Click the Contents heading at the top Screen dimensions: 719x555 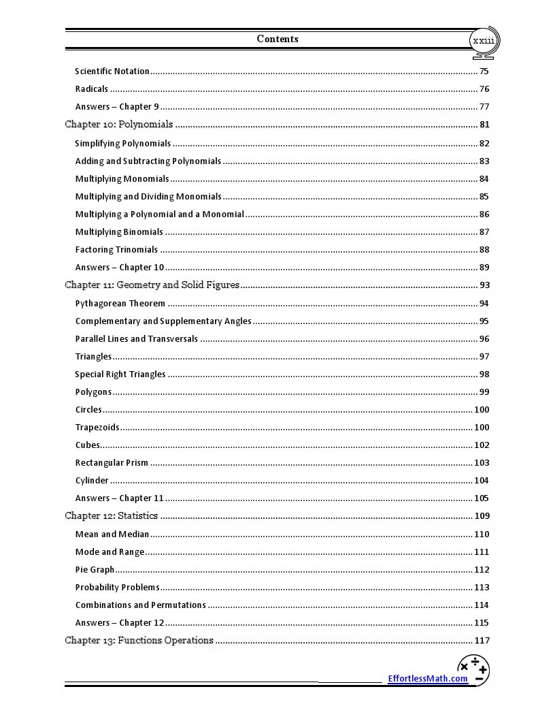click(x=277, y=39)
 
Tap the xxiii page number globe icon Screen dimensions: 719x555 click(x=484, y=41)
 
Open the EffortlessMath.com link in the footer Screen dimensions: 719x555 click(x=428, y=678)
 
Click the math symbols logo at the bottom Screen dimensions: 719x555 click(x=474, y=670)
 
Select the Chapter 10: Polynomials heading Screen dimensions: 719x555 click(x=119, y=125)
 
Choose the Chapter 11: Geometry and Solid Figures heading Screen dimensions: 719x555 click(x=152, y=285)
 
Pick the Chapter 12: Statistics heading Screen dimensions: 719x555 click(x=112, y=516)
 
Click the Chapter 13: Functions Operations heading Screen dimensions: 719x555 click(x=139, y=641)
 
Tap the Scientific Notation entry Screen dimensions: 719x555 click(x=112, y=71)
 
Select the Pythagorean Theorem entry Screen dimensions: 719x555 click(x=120, y=304)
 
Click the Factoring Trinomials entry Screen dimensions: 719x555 click(x=116, y=250)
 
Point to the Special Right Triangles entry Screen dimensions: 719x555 click(x=120, y=374)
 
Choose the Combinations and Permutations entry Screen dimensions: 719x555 click(x=141, y=605)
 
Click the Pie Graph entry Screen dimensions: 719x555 click(x=95, y=570)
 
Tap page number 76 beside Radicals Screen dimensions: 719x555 click(x=484, y=89)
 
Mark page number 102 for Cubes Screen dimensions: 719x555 click(x=482, y=445)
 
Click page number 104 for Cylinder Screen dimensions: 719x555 click(x=482, y=481)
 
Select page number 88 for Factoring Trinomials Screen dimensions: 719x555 click(x=484, y=250)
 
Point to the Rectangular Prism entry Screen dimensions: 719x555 click(x=112, y=463)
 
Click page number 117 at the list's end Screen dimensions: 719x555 click(x=482, y=641)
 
